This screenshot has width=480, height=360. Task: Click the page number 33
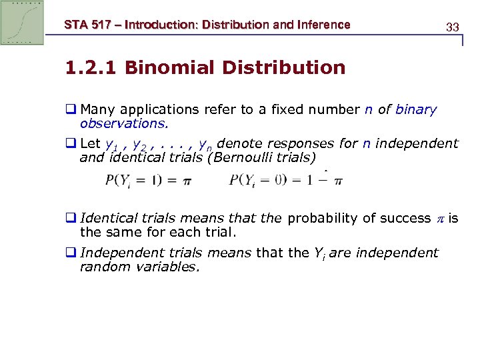(453, 27)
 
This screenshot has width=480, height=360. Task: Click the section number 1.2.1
(91, 68)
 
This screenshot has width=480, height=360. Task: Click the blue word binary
(416, 110)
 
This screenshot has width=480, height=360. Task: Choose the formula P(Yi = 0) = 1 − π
(286, 181)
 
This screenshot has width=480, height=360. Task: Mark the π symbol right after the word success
(439, 219)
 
